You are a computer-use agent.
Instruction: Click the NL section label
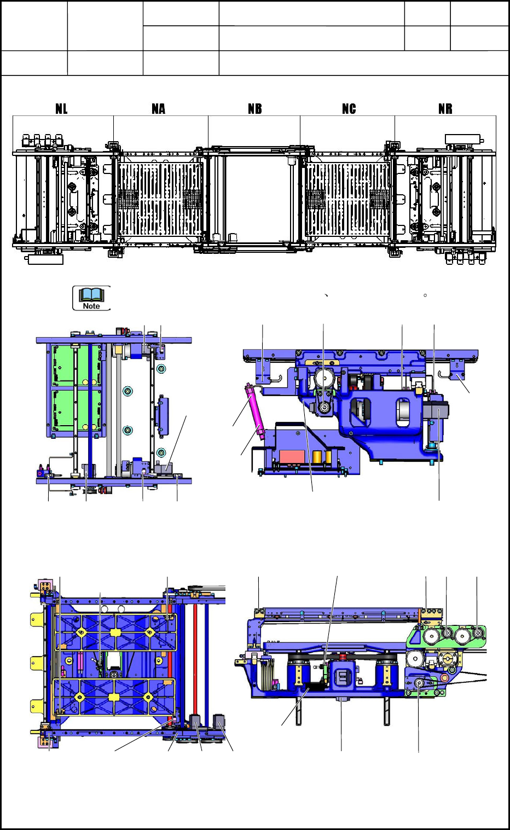(x=61, y=108)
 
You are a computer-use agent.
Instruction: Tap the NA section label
(x=158, y=108)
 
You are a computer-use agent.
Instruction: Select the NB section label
(x=255, y=108)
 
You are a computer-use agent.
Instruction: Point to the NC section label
(x=349, y=108)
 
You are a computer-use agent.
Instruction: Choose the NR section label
(x=445, y=108)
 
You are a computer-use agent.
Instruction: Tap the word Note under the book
(x=91, y=306)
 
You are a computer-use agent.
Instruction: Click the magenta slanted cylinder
(x=253, y=411)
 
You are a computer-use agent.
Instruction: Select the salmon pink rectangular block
(x=292, y=456)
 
